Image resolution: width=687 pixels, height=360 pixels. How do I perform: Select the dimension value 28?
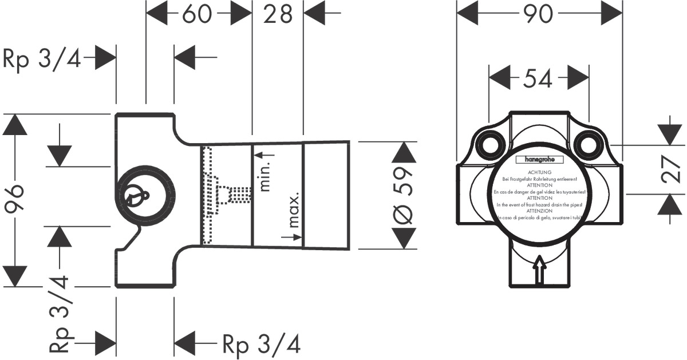pyautogui.click(x=278, y=14)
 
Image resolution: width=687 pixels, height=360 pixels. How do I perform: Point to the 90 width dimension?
pyautogui.click(x=539, y=14)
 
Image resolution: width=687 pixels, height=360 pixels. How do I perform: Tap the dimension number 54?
pyautogui.click(x=538, y=78)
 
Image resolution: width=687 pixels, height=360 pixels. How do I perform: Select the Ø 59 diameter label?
pyautogui.click(x=404, y=195)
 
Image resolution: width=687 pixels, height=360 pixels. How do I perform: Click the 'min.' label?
pyautogui.click(x=265, y=176)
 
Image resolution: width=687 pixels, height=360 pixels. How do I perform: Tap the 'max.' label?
pyautogui.click(x=294, y=212)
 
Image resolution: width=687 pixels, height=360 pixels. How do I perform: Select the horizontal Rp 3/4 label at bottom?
pyautogui.click(x=261, y=344)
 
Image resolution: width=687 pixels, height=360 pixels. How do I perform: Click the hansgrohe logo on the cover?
pyautogui.click(x=539, y=160)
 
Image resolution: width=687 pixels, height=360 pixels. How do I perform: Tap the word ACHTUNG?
pyautogui.click(x=539, y=172)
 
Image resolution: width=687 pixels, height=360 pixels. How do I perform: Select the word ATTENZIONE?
pyautogui.click(x=539, y=211)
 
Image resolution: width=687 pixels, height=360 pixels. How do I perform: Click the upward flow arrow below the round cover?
pyautogui.click(x=539, y=271)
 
